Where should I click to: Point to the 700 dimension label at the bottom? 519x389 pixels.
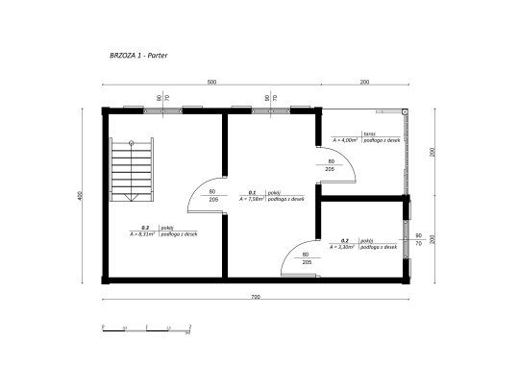pos(256,297)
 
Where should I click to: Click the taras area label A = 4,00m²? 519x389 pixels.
pos(344,139)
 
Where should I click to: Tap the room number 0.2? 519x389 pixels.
pos(344,240)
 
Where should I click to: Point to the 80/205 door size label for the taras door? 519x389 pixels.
pos(331,164)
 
